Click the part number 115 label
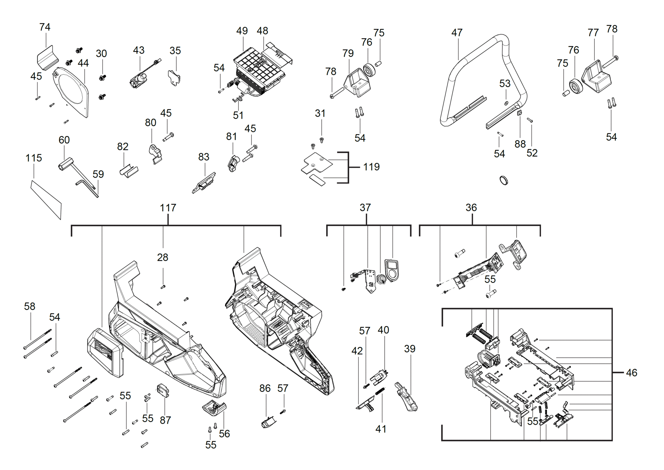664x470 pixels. click(34, 158)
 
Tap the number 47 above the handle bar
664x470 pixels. click(457, 33)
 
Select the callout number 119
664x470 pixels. click(372, 167)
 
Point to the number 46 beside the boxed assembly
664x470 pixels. click(631, 372)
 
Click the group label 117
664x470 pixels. click(168, 208)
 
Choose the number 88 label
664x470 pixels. click(520, 144)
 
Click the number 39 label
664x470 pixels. click(409, 349)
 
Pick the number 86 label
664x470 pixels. click(265, 388)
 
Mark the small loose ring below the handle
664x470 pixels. click(504, 180)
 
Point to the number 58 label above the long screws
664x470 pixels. click(30, 306)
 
